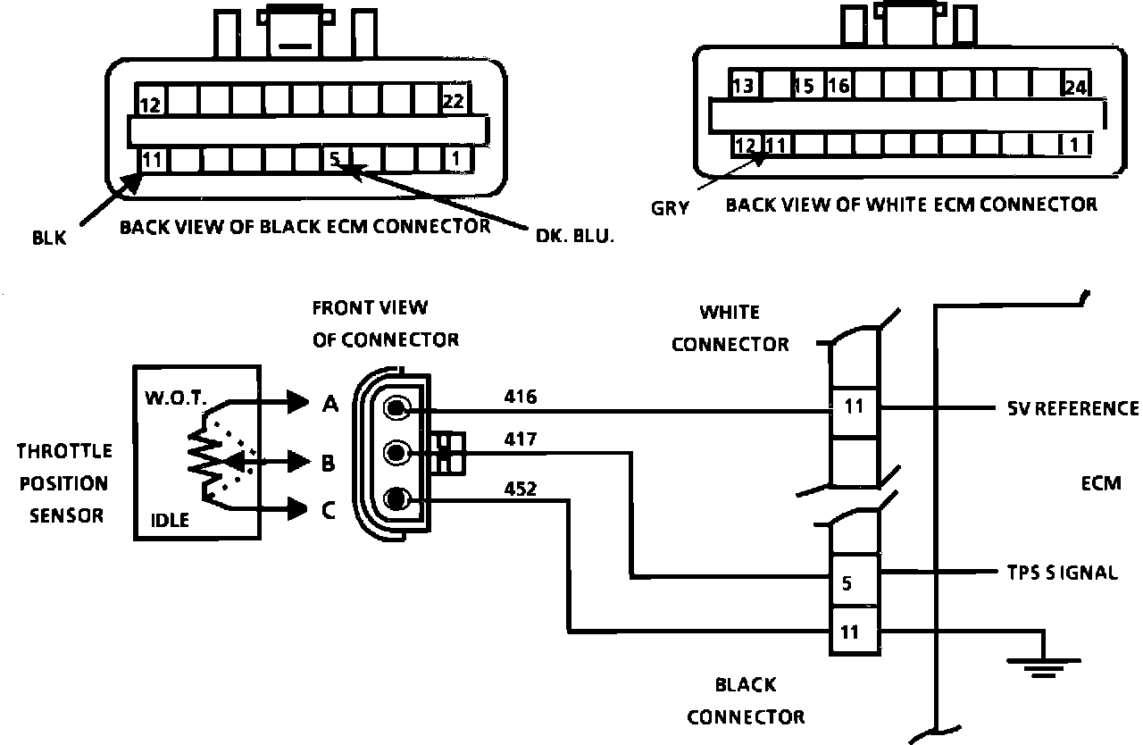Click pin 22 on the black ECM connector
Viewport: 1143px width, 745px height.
click(x=454, y=101)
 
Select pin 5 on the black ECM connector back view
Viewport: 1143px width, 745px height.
click(x=334, y=159)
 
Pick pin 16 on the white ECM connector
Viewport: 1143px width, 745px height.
click(x=838, y=87)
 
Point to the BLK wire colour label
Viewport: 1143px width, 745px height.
click(x=48, y=239)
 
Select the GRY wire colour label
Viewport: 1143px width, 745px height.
click(x=670, y=208)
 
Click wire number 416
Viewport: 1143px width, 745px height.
click(x=520, y=396)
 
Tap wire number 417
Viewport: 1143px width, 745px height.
click(x=520, y=439)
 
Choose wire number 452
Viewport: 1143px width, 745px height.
click(x=520, y=488)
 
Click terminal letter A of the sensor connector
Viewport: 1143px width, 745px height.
click(x=330, y=405)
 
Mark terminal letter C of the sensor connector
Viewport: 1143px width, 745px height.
click(x=329, y=510)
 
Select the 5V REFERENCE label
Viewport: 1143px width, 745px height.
click(x=1067, y=408)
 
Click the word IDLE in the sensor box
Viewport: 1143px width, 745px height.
click(x=170, y=519)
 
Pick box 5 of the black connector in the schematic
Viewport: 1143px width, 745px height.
click(x=847, y=584)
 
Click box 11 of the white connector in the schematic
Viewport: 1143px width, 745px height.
click(x=854, y=406)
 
